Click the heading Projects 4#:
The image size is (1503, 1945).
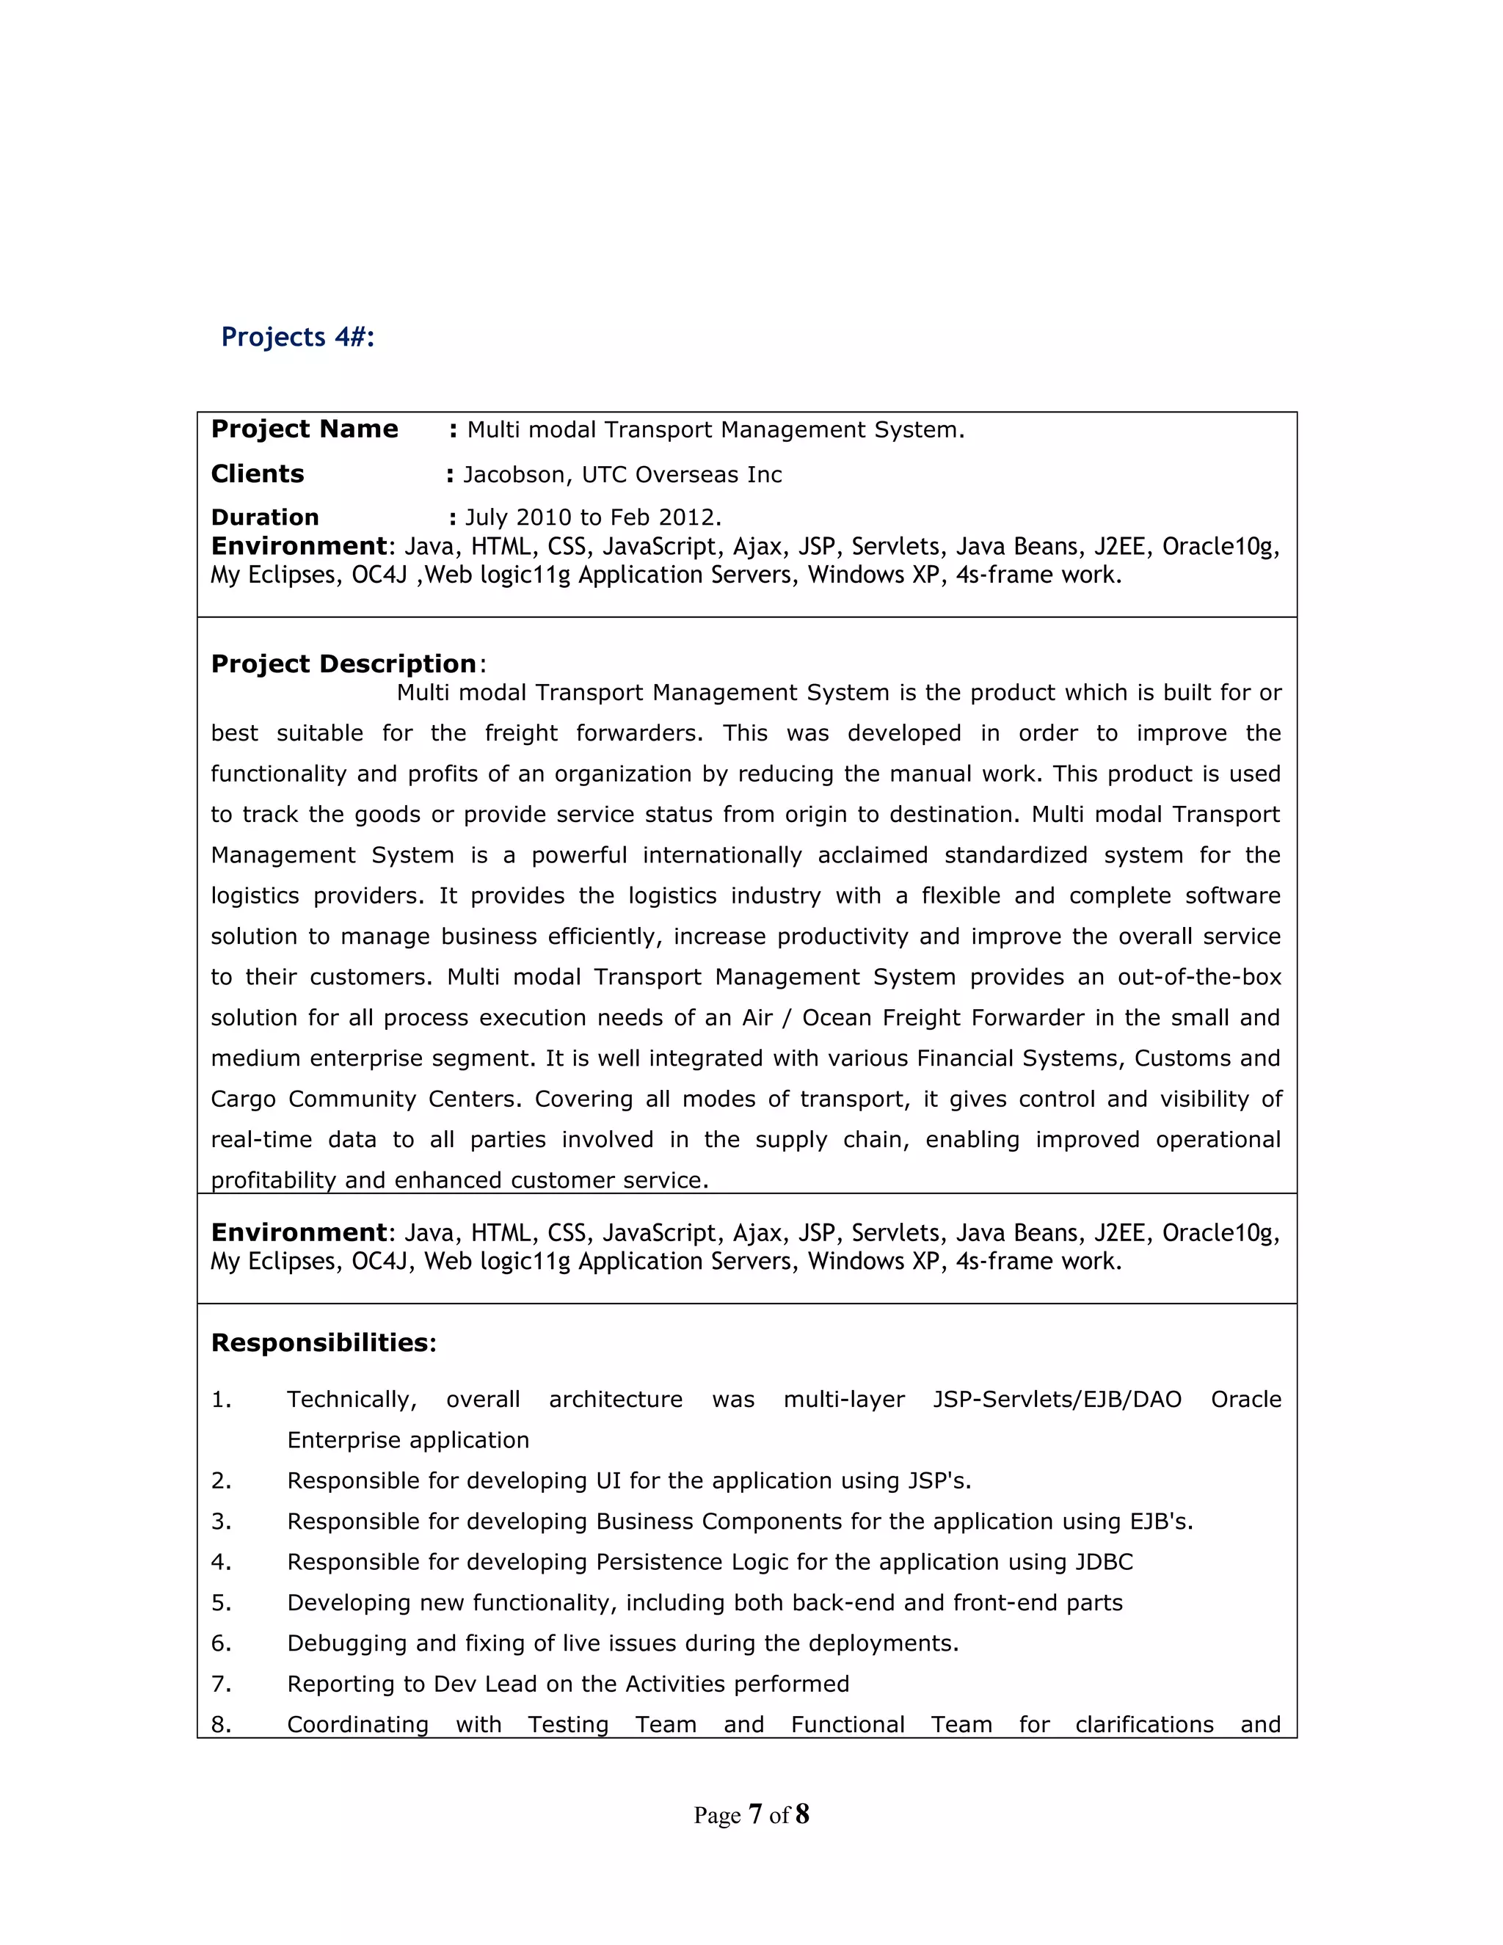(x=297, y=338)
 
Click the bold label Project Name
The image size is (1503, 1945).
(x=305, y=429)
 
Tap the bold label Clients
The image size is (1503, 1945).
(x=258, y=474)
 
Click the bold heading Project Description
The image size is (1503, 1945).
(x=343, y=664)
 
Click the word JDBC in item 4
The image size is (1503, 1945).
(x=1104, y=1562)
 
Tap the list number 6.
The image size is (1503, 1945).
(x=221, y=1643)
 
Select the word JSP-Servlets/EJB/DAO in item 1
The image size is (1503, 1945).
(x=1057, y=1399)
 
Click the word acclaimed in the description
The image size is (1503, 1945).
(x=873, y=855)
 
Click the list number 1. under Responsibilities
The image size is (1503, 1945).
(x=221, y=1399)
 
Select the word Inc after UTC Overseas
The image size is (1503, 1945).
(x=764, y=475)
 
